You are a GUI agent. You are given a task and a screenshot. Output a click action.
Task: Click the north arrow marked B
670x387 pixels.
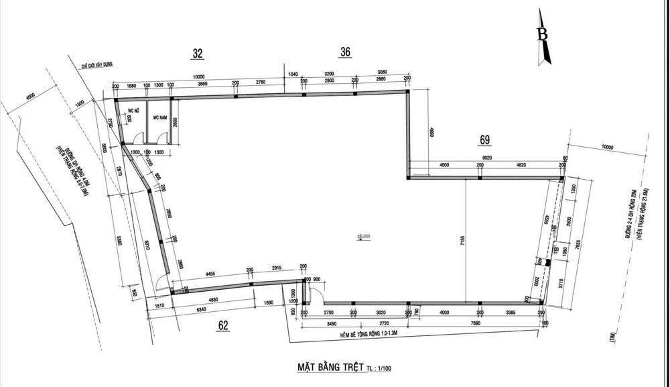pyautogui.click(x=544, y=37)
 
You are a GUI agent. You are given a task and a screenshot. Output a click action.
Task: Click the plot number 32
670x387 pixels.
pyautogui.click(x=197, y=54)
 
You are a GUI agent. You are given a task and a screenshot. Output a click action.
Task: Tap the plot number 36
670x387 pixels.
pyautogui.click(x=345, y=52)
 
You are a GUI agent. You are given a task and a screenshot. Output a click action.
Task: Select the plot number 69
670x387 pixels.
pyautogui.click(x=485, y=140)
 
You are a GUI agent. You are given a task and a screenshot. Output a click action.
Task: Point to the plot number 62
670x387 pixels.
pyautogui.click(x=224, y=326)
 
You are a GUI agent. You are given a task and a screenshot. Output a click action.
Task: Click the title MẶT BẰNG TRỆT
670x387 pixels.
pyautogui.click(x=330, y=367)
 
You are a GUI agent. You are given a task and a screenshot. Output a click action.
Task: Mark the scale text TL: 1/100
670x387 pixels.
pyautogui.click(x=380, y=368)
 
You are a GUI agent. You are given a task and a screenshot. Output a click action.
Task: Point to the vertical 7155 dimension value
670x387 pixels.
pyautogui.click(x=462, y=241)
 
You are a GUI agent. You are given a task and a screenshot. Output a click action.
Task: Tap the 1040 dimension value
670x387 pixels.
pyautogui.click(x=292, y=73)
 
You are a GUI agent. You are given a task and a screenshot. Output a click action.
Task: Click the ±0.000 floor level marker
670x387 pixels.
pyautogui.click(x=364, y=237)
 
